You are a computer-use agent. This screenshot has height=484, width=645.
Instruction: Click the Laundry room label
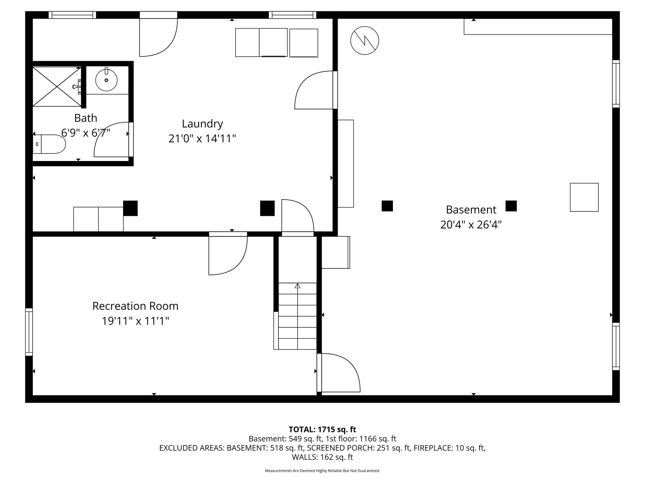[203, 124]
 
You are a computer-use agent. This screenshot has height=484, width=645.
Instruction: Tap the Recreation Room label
[135, 306]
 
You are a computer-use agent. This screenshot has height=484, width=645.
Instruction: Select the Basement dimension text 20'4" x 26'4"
[471, 225]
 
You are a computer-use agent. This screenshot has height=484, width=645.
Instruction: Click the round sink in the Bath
[106, 80]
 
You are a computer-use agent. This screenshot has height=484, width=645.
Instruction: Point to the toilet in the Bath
[49, 144]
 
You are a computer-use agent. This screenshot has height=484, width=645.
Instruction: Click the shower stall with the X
[57, 86]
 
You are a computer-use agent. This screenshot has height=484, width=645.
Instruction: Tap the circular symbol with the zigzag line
[365, 41]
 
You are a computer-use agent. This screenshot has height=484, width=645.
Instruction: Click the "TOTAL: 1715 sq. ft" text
[322, 429]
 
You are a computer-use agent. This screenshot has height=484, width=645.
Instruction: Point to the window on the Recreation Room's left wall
[29, 332]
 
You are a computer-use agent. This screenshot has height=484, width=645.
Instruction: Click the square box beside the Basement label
[584, 197]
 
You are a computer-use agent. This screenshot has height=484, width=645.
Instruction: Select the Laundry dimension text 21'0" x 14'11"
[202, 138]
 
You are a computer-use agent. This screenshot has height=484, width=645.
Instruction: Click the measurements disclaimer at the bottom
[322, 471]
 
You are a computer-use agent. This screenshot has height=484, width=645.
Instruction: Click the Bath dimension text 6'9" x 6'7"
[86, 133]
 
